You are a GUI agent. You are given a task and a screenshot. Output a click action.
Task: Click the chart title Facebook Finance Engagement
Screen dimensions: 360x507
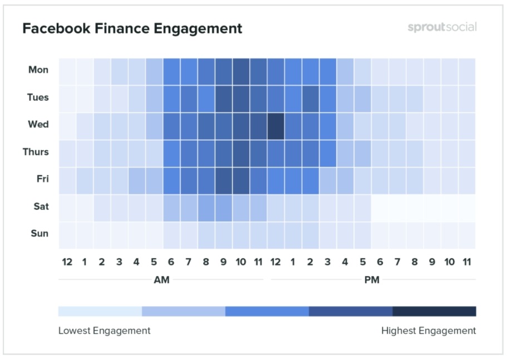click(132, 28)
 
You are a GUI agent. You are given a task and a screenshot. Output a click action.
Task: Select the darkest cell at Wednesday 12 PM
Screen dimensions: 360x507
click(275, 126)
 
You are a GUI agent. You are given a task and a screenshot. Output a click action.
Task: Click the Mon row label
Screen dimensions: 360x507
click(38, 70)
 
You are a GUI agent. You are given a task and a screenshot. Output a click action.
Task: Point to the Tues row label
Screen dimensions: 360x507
click(38, 97)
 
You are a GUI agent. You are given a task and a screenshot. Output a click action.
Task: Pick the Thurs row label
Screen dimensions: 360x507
click(36, 152)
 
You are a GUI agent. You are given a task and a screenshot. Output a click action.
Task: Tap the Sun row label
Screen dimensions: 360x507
click(40, 234)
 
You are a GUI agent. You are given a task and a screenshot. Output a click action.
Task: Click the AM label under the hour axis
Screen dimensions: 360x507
click(161, 280)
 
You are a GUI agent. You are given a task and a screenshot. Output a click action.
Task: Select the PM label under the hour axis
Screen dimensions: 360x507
click(372, 280)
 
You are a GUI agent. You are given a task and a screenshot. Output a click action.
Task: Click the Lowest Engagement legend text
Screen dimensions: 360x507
click(104, 331)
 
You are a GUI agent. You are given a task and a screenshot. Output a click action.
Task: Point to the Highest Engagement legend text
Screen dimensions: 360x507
click(429, 331)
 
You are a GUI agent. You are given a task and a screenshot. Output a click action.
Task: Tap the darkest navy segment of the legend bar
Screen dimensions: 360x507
click(434, 311)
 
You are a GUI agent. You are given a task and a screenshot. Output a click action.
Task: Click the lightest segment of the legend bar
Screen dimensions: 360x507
click(100, 311)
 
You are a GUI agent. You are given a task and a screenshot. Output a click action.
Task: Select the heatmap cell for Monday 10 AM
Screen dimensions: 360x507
click(241, 71)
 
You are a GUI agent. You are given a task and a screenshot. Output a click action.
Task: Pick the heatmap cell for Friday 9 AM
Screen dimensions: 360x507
click(224, 180)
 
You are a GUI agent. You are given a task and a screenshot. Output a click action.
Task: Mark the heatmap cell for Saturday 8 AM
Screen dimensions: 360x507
click(206, 208)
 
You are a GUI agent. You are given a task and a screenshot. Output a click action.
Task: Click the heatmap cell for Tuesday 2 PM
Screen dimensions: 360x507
click(310, 98)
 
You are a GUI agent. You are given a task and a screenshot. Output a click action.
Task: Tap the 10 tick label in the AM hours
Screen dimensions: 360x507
click(241, 262)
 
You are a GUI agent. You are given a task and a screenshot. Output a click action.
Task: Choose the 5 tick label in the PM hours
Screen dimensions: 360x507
click(362, 262)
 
